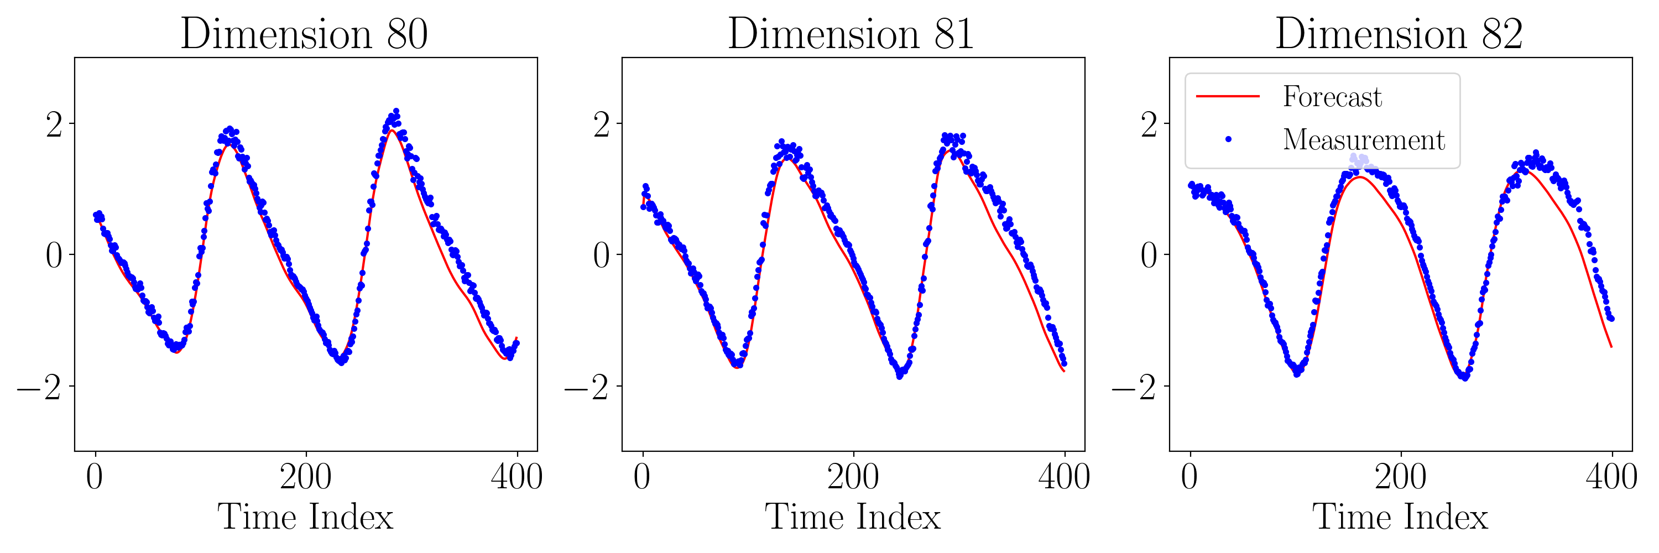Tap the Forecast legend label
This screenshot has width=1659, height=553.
coord(1332,97)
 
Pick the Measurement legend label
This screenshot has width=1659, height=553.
coord(1363,140)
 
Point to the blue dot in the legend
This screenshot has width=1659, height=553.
coord(1228,139)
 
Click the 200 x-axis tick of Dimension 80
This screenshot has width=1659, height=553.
coord(306,477)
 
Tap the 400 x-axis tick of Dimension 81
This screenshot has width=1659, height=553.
coord(1064,477)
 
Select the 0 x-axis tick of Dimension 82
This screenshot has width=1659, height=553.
coord(1190,477)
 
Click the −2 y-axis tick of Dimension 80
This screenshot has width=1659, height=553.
coord(39,387)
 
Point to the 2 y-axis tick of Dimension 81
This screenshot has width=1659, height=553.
coord(602,124)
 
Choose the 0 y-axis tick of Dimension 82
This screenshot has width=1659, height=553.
coord(1149,255)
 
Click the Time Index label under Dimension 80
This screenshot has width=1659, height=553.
coord(305,517)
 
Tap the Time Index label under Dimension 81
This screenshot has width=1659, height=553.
coord(853,517)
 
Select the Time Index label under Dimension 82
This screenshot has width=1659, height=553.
coord(1400,517)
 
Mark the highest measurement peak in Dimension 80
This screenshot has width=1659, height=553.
coord(396,111)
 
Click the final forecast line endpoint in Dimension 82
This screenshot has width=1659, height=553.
coord(1611,347)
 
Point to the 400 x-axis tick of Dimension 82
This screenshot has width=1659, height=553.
coord(1611,477)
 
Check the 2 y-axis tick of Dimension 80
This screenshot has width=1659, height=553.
coord(54,124)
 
